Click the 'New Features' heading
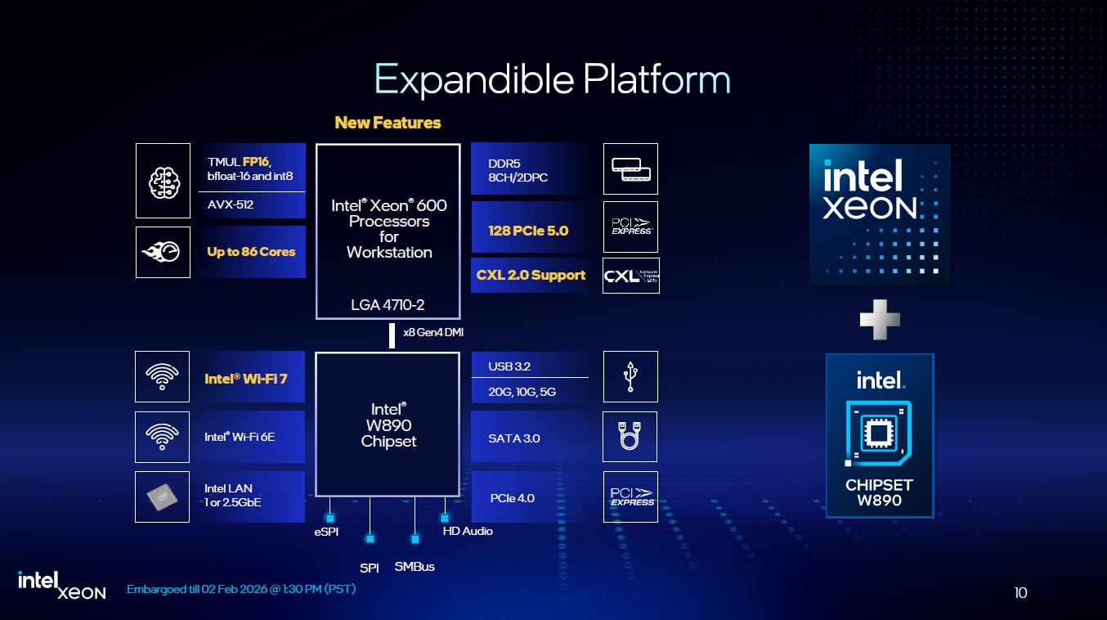pos(388,123)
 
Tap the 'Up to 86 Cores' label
pos(251,252)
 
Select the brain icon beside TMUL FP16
pos(164,181)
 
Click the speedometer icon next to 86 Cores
pos(164,252)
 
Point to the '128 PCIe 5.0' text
pos(528,231)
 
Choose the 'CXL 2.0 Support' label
pos(531,275)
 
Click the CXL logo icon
pos(630,276)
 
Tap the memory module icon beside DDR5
pos(630,169)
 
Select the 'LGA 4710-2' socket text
pos(388,305)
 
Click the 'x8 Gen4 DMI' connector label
pos(434,332)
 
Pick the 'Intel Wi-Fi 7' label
pos(245,380)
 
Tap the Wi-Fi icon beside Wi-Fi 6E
pos(163,437)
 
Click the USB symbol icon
pos(630,377)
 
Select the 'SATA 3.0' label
pos(514,438)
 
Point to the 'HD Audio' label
pos(468,531)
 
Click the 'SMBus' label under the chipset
pos(415,567)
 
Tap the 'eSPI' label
pos(326,532)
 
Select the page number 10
pos(1020,593)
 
